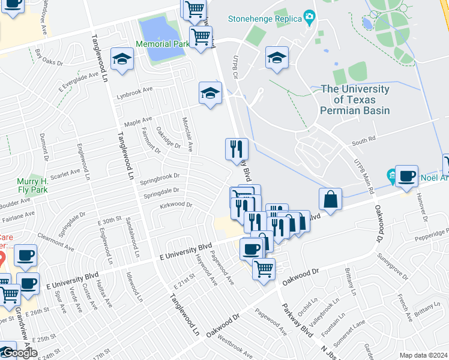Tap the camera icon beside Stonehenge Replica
coord(309,16)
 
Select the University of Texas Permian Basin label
coord(355,100)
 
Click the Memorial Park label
coord(162,44)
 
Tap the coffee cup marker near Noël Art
coord(407,176)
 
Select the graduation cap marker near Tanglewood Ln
coord(122,59)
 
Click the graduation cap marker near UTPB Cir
coord(276,58)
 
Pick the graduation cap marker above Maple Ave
coord(210,93)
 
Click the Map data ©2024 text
coord(423,355)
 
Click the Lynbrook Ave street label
coord(136,97)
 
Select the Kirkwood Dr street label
coord(176,205)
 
